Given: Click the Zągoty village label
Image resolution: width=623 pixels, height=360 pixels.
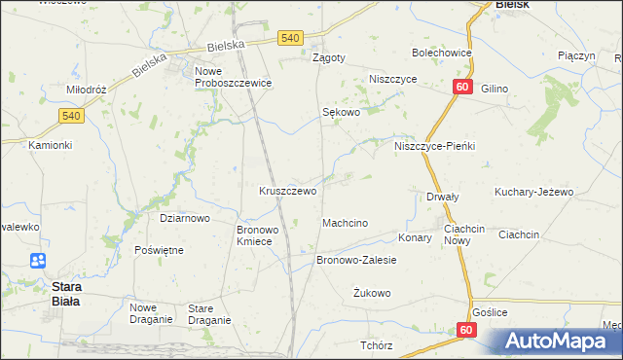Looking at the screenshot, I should [x=328, y=57].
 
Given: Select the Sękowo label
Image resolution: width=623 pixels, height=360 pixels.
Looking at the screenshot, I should [x=342, y=113].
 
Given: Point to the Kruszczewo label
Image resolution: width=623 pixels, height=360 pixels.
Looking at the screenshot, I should [x=287, y=191].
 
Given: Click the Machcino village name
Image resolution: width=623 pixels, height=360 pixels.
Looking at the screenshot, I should [x=345, y=223].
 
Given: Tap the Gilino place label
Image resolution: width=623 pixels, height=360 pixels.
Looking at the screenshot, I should [x=495, y=89].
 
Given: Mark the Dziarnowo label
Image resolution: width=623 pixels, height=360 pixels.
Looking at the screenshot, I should [x=184, y=218].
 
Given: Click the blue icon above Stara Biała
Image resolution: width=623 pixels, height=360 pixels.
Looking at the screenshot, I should [x=38, y=261].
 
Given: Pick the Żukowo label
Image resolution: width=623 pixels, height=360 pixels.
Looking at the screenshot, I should [x=372, y=292].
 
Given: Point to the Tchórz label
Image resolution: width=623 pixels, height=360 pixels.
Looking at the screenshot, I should [x=376, y=345].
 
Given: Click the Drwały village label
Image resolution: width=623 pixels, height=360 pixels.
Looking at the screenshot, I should [x=443, y=197].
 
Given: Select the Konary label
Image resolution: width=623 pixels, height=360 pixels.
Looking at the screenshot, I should [x=415, y=236].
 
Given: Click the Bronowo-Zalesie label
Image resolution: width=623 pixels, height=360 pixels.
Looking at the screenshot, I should [x=356, y=260].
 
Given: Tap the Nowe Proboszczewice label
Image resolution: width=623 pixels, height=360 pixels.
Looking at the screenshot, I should [x=233, y=78].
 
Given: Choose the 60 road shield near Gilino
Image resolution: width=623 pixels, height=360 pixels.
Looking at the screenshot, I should [x=461, y=88].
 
